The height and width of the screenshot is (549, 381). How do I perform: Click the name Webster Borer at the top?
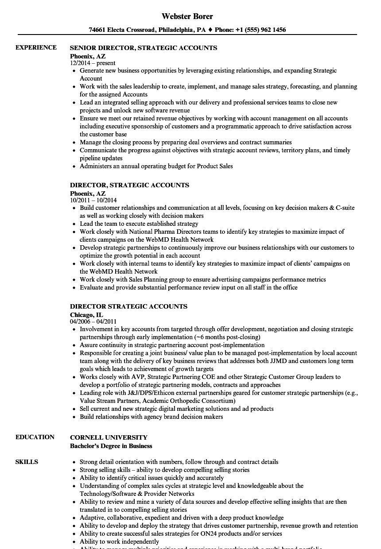(x=187, y=16)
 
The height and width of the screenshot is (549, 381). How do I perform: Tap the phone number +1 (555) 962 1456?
(x=264, y=30)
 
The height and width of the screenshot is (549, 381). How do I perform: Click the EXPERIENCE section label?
(x=36, y=47)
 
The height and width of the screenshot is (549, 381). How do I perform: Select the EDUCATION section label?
(x=35, y=437)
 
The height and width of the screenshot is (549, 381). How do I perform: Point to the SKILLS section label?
(x=27, y=462)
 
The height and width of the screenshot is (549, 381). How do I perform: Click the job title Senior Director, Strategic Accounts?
(x=144, y=47)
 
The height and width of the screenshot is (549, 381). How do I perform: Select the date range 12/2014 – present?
(x=93, y=63)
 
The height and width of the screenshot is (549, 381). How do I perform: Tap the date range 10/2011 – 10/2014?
(x=93, y=200)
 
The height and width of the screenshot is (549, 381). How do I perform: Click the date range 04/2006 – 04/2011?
(x=93, y=321)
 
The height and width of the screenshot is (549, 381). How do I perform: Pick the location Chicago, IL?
(x=86, y=314)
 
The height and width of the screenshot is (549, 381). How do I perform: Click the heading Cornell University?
(x=109, y=437)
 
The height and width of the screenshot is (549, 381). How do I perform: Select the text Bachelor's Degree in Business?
(x=111, y=446)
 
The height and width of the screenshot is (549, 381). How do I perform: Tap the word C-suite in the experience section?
(x=345, y=208)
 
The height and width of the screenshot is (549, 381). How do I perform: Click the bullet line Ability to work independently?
(x=119, y=541)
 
